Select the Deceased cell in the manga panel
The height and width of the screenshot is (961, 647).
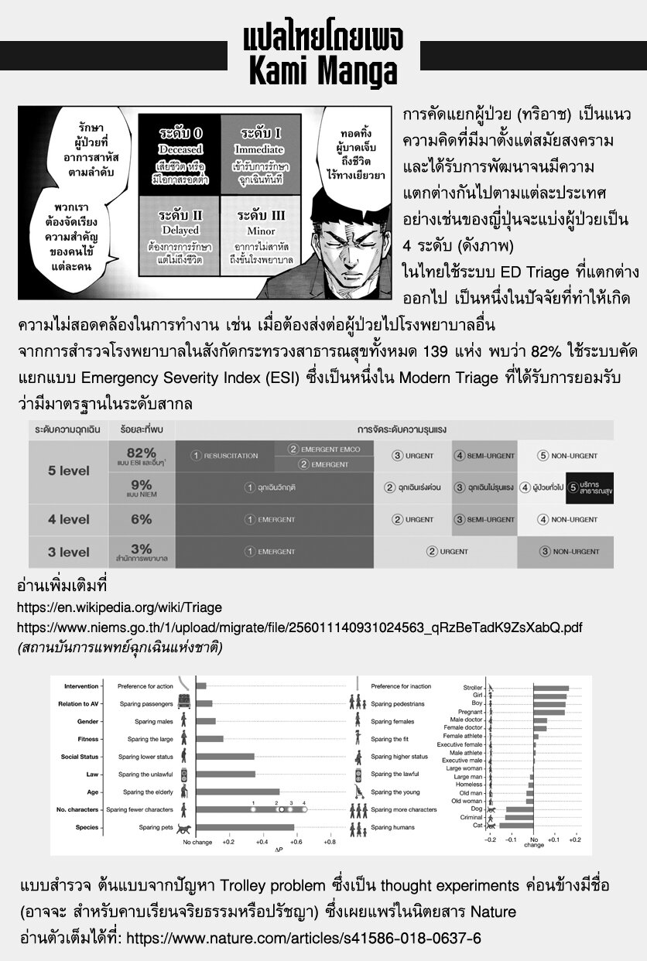tap(180, 149)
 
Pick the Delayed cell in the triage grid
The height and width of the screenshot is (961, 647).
tap(180, 231)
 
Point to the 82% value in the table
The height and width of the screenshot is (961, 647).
tap(142, 453)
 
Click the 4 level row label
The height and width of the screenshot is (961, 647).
tap(69, 519)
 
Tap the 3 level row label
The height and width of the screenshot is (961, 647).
tap(69, 552)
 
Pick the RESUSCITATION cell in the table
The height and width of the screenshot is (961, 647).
tap(225, 456)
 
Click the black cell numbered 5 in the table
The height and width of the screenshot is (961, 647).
tap(590, 487)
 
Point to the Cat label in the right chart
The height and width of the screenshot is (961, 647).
tap(478, 826)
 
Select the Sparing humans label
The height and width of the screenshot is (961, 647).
tap(392, 827)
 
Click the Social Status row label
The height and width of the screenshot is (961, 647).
tap(80, 756)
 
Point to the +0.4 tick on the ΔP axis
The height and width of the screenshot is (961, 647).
tap(262, 841)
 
